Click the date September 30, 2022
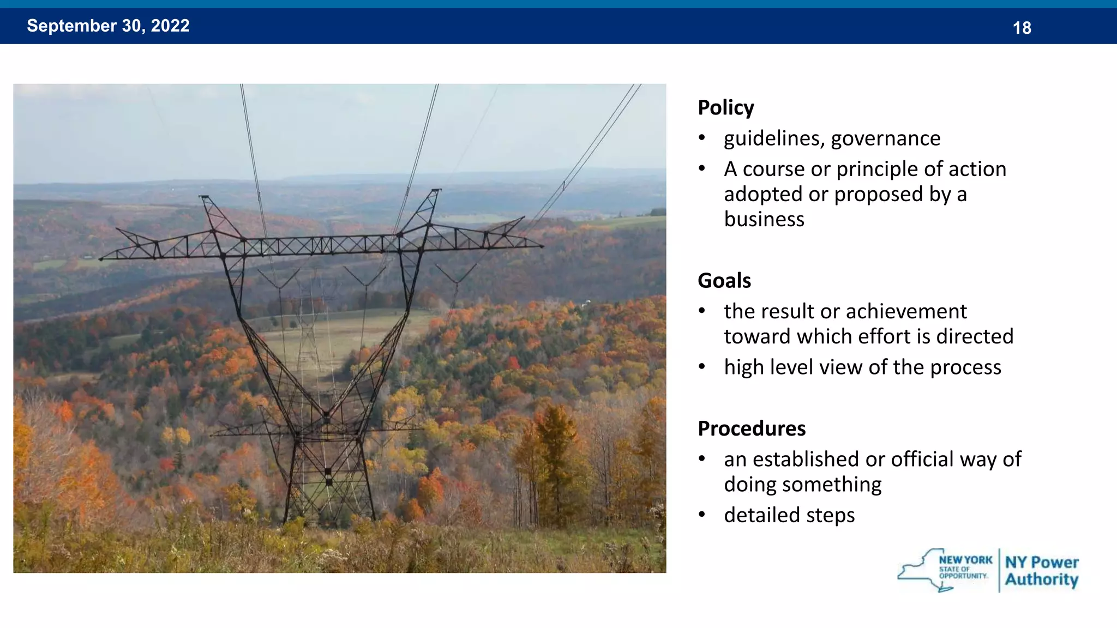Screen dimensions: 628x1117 coord(108,26)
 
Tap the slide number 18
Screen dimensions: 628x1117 coord(1022,28)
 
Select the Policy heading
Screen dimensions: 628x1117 coord(725,108)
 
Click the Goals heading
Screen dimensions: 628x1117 coord(724,281)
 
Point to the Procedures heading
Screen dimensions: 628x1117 coord(751,429)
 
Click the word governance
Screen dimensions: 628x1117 coord(886,139)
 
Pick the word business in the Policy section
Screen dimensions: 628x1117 coord(764,220)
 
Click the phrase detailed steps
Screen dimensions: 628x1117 coord(789,515)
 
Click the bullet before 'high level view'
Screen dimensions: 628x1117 coord(702,367)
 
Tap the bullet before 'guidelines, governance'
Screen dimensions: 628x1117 coord(702,138)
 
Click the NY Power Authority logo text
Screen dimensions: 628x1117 coord(1041,571)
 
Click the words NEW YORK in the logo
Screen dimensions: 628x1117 coord(965,560)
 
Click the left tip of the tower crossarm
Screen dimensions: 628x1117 coord(101,259)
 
